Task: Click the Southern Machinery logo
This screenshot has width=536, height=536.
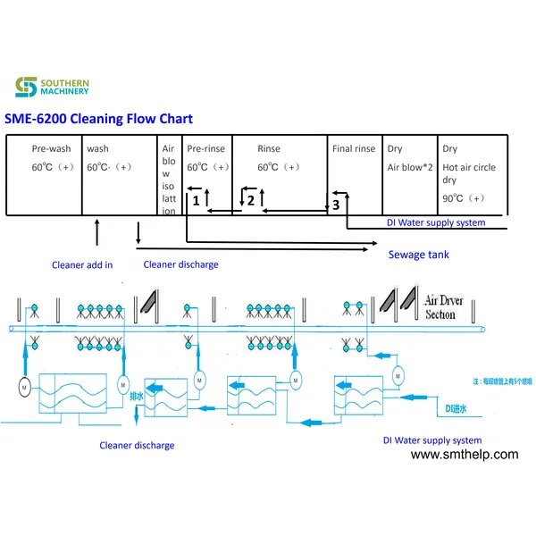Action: [51, 87]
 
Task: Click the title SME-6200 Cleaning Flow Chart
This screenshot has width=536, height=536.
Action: [98, 119]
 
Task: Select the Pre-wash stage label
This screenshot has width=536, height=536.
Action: [51, 149]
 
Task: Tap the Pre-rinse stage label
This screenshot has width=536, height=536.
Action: [205, 149]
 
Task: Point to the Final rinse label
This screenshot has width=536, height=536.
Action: [353, 149]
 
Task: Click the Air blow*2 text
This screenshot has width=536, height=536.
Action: [410, 167]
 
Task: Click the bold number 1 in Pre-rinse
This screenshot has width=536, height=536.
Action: [195, 203]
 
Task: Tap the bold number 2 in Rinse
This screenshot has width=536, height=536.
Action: [251, 201]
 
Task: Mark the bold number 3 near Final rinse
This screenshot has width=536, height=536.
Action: [335, 205]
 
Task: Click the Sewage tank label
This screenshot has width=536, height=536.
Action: [418, 255]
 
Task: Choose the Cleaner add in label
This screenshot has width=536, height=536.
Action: [82, 264]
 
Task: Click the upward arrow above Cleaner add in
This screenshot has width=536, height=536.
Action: [96, 234]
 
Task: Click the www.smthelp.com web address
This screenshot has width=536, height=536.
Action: [464, 455]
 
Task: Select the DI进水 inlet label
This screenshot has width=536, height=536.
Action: [457, 409]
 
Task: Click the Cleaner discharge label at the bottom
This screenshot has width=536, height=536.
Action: [137, 445]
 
